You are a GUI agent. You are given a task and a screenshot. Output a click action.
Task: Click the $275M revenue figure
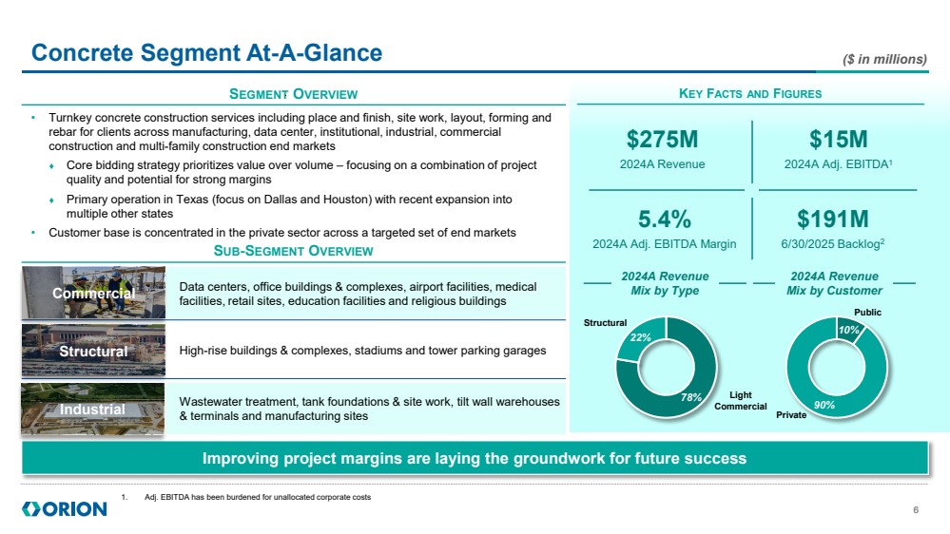coord(662,140)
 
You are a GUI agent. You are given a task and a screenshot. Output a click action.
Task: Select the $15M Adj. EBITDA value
coord(839,140)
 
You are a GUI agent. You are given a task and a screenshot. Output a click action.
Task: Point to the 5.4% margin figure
coord(664,219)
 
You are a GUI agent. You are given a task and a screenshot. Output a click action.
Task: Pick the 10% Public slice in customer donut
coord(850,330)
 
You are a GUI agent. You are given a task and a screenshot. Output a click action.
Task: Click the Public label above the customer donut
coord(867,312)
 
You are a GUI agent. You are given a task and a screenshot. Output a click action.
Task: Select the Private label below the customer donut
coord(790,415)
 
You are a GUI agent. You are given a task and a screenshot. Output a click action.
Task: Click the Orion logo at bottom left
coord(65,509)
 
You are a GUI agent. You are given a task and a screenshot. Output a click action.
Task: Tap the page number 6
coord(915,510)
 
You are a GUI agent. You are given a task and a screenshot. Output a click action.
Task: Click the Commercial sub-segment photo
coord(93,293)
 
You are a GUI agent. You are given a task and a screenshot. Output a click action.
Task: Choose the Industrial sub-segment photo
coord(93,409)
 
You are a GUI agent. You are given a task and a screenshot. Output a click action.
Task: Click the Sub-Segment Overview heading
coord(293,251)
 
